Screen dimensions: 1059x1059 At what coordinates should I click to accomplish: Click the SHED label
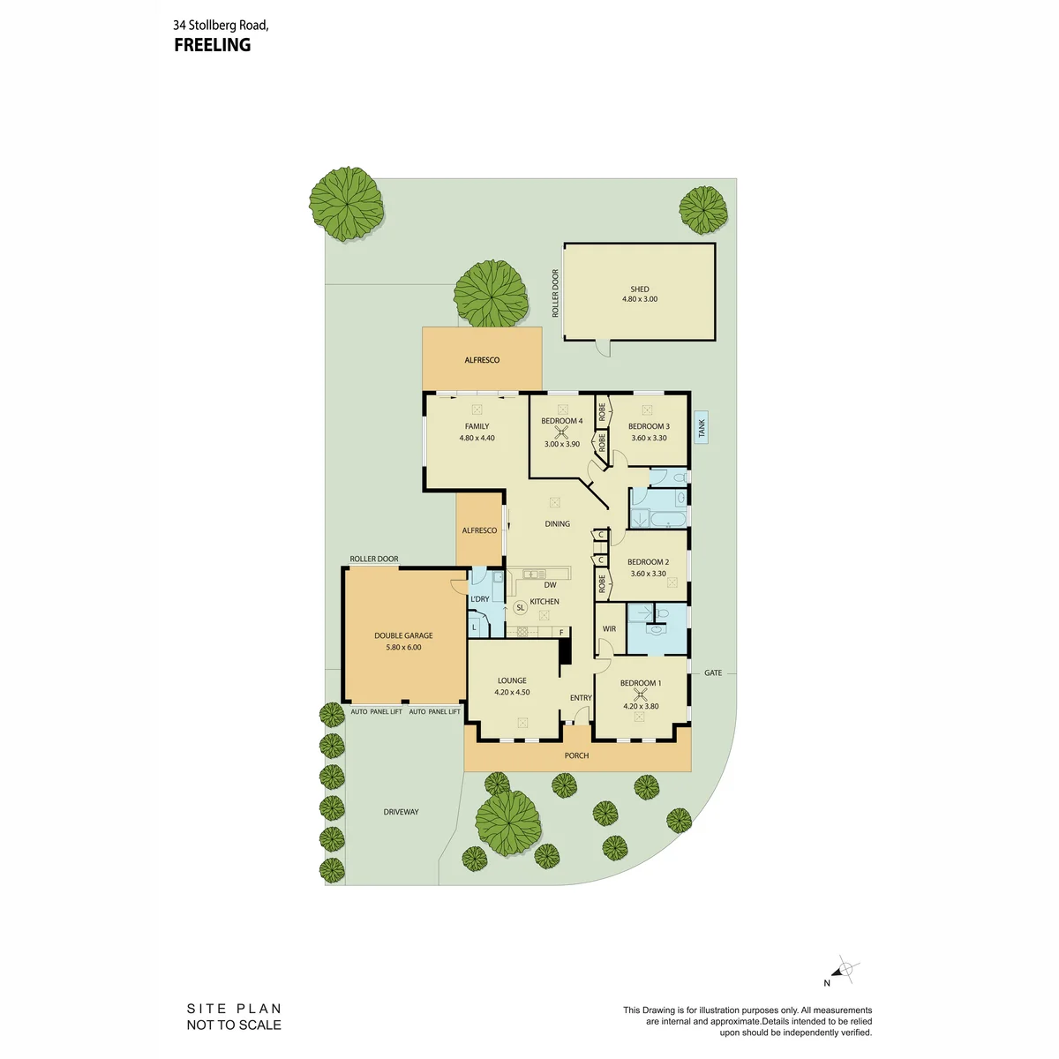[x=639, y=289]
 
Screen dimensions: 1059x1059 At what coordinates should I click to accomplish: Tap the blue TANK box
[x=701, y=427]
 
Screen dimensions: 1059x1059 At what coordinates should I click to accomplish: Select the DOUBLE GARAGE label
[x=403, y=635]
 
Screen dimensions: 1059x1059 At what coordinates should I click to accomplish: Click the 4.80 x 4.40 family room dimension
[x=477, y=438]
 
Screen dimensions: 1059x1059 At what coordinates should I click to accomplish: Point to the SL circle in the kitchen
[x=520, y=607]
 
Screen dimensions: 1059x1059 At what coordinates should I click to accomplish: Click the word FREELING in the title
[x=212, y=45]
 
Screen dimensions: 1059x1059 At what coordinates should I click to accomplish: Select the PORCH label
[x=576, y=755]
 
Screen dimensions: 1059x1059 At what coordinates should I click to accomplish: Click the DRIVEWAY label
[x=402, y=812]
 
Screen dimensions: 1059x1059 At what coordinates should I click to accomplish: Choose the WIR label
[x=609, y=628]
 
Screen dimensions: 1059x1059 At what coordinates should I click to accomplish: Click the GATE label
[x=713, y=672]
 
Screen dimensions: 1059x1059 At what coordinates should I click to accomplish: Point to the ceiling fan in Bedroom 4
[x=561, y=432]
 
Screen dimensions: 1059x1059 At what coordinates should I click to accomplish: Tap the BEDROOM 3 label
[x=649, y=426]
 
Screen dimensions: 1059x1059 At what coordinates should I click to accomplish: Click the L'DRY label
[x=480, y=598]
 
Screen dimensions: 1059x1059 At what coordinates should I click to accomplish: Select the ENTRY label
[x=581, y=697]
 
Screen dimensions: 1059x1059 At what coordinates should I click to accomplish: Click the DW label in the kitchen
[x=550, y=585]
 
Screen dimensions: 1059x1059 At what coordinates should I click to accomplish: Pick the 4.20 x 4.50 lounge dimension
[x=512, y=692]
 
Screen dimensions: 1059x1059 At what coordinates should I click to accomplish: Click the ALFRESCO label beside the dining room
[x=479, y=530]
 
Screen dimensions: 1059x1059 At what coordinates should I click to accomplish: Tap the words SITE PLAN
[x=234, y=1009]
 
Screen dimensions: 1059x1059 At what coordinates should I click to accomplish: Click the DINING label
[x=557, y=523]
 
